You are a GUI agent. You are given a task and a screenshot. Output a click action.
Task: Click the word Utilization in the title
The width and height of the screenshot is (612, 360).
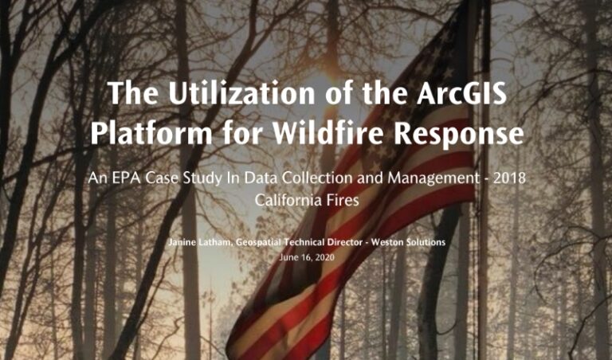click(x=241, y=93)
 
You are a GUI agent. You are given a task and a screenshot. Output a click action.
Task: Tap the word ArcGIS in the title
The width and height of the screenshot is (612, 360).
click(x=461, y=93)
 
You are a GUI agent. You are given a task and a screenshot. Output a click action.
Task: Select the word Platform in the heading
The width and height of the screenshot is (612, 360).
click(x=151, y=133)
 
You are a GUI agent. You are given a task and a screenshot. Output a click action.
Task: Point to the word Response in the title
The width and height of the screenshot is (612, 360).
click(x=459, y=135)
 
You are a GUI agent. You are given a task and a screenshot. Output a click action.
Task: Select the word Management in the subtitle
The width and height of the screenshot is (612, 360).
click(x=433, y=178)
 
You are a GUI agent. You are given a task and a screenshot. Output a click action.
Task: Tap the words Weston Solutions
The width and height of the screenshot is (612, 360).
click(x=408, y=242)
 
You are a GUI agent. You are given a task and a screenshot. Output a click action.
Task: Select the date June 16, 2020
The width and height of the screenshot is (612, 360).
click(x=307, y=257)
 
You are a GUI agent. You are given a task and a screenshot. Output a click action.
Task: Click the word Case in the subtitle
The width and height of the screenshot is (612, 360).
click(x=166, y=178)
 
